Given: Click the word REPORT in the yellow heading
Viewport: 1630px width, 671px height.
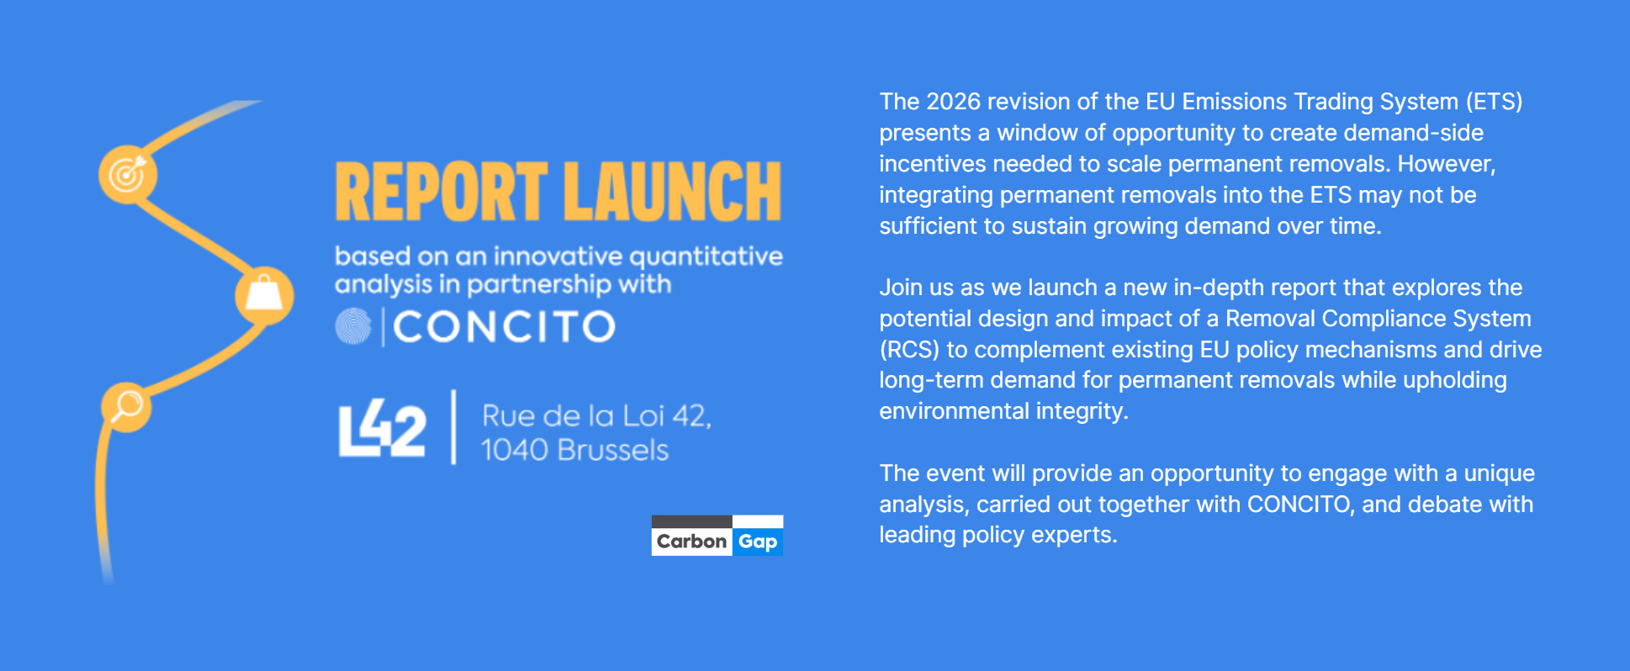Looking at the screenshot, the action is pos(442,192).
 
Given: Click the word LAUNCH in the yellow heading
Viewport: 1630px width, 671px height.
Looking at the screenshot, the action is pos(673,192).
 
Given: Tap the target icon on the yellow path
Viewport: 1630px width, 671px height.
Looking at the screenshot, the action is pos(128,174).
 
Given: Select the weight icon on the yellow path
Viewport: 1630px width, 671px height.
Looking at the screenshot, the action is pos(264,295).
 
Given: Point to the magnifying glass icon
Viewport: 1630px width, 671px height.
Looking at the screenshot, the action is pos(127,406).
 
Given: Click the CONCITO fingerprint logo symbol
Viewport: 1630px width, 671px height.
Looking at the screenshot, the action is pos(353,326).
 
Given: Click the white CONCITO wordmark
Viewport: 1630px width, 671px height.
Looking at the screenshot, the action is pos(505,327).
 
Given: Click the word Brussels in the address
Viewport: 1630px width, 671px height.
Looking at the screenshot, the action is pos(612,451).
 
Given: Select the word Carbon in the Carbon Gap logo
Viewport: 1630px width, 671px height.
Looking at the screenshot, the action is pos(691,542).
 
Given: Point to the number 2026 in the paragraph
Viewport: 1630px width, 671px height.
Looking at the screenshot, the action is pos(953,102).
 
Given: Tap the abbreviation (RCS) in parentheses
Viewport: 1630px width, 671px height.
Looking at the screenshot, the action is pos(909,350).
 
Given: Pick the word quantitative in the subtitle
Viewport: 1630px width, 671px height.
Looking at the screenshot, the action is pos(706,256).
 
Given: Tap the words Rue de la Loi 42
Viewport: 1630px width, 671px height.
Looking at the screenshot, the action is pos(596,416).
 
